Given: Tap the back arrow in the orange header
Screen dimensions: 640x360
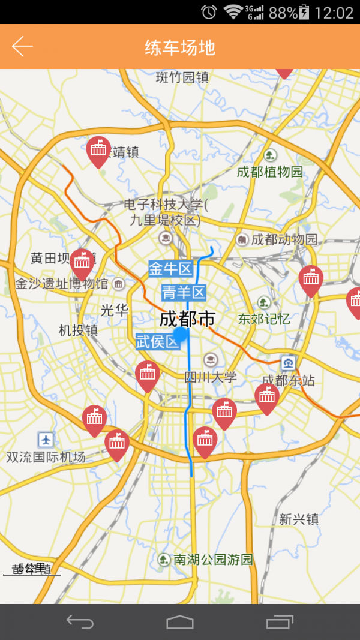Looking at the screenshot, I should click(22, 46).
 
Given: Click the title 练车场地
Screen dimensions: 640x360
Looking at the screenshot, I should click(180, 47).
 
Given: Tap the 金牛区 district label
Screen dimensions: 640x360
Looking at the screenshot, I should click(170, 269).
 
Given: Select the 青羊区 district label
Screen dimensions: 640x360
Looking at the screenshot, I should click(184, 293).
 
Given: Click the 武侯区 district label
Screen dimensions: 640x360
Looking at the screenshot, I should click(158, 342).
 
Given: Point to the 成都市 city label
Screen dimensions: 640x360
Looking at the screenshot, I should click(187, 319).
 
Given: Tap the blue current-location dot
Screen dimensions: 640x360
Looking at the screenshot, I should click(180, 335).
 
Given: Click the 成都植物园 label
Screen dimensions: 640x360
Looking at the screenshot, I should click(270, 172).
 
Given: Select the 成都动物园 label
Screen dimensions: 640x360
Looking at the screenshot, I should click(284, 239).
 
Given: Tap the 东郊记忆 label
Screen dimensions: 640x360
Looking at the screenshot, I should click(264, 319).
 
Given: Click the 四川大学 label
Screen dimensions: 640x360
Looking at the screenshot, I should click(211, 377).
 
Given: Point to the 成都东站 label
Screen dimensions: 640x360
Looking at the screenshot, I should click(289, 380).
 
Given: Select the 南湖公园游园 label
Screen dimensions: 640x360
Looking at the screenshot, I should click(213, 560).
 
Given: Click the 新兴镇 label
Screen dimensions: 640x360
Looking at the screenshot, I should click(299, 519).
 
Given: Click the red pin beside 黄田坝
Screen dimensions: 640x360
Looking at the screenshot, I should click(82, 262).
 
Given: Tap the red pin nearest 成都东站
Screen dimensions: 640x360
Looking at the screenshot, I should click(267, 396).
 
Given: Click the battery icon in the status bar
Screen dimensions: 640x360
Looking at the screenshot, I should click(304, 12).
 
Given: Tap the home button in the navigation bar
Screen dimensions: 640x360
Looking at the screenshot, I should click(180, 622).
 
